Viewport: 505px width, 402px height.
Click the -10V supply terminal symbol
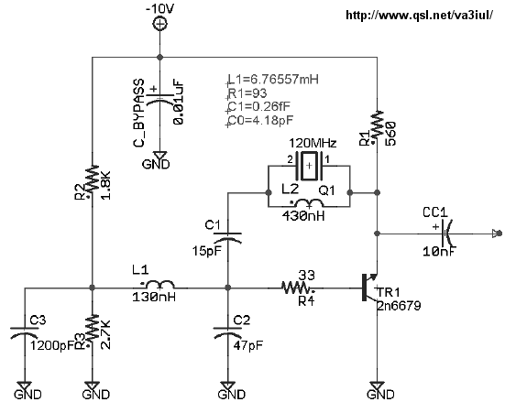(x=159, y=24)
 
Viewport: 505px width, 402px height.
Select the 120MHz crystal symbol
(x=309, y=166)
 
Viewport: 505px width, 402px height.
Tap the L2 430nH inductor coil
(x=309, y=203)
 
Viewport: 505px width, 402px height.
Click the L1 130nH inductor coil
(x=160, y=285)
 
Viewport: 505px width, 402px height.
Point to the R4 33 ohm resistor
(x=297, y=288)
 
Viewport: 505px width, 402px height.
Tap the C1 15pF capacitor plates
(x=227, y=237)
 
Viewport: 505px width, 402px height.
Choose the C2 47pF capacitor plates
(x=227, y=332)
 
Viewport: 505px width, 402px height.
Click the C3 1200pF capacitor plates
(x=25, y=332)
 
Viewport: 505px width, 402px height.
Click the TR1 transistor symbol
(x=369, y=288)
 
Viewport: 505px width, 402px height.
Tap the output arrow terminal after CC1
(x=498, y=233)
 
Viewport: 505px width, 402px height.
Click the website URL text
(x=419, y=16)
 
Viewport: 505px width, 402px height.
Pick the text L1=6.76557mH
(x=273, y=79)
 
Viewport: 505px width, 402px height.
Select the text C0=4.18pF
(x=260, y=120)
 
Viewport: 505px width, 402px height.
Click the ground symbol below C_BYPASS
(x=159, y=156)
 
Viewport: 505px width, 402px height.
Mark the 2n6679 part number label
(x=399, y=306)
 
